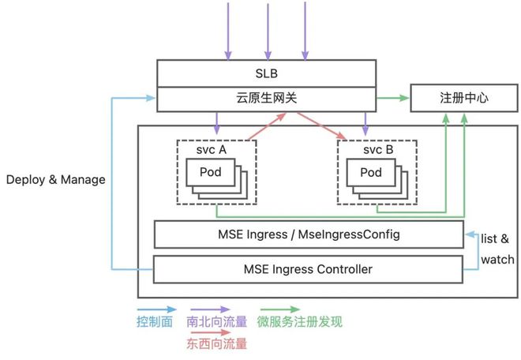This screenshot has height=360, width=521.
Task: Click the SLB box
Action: click(x=265, y=74)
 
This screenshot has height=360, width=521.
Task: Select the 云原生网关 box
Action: click(x=265, y=99)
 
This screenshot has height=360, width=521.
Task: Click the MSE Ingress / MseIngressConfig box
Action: click(x=308, y=234)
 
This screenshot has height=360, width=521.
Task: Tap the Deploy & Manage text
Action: click(x=55, y=179)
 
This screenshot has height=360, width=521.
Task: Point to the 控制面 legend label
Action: click(x=155, y=322)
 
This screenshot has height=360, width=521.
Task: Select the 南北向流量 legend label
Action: click(x=216, y=322)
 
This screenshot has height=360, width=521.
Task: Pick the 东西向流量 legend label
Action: click(x=216, y=344)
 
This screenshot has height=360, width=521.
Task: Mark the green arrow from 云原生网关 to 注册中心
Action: click(x=392, y=99)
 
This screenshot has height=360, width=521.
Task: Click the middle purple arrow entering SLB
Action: click(x=265, y=32)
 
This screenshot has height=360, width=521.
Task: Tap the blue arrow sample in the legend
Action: click(x=155, y=310)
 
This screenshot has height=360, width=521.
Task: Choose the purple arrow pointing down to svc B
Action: click(x=365, y=123)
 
